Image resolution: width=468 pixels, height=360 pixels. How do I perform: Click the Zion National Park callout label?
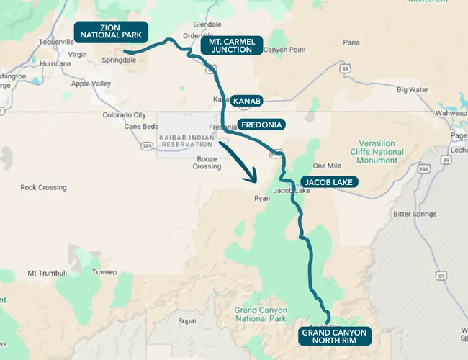[x=112, y=31]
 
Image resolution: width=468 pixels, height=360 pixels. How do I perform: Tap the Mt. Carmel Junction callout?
[x=231, y=45]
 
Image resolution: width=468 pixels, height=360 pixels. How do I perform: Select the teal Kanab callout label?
[x=246, y=100]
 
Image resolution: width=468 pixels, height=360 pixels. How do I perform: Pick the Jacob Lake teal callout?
[x=328, y=182]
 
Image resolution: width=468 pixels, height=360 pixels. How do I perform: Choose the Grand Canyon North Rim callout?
[x=334, y=336]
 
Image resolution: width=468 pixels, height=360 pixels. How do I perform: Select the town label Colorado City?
[x=124, y=115]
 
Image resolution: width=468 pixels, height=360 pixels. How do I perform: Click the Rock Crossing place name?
[x=43, y=188]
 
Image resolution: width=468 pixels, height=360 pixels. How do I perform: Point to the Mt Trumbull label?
[x=47, y=274]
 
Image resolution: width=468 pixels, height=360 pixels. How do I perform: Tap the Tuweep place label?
[x=104, y=272]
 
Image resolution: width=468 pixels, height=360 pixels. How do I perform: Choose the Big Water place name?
[x=413, y=90]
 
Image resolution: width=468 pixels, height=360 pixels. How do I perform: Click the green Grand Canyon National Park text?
[x=260, y=314]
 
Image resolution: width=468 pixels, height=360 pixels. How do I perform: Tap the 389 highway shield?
[x=147, y=146]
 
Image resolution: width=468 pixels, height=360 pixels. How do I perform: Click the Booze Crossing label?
[x=207, y=162]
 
